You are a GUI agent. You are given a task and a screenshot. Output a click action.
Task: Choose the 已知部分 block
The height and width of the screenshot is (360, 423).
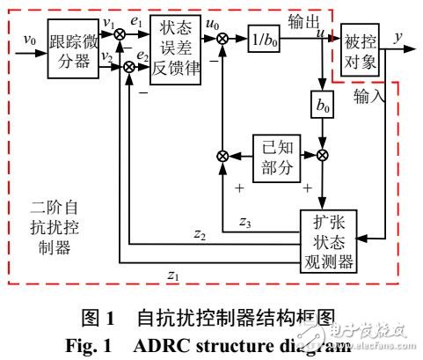(274, 156)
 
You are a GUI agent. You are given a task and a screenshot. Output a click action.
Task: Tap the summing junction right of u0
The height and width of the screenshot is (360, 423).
(222, 40)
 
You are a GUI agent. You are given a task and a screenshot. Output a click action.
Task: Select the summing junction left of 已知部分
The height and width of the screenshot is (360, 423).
(222, 156)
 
